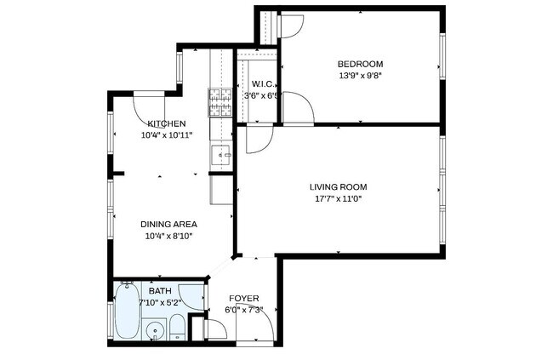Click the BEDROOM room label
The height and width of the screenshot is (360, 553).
tap(360, 64)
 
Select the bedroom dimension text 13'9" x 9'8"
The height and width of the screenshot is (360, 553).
tap(360, 75)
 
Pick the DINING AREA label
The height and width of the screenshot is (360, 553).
tap(168, 225)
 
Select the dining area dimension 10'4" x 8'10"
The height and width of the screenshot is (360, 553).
tap(168, 236)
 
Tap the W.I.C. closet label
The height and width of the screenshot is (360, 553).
tap(260, 83)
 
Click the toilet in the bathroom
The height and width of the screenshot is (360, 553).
tap(176, 328)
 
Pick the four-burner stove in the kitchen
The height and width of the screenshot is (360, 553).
tap(220, 103)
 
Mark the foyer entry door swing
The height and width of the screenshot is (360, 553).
tap(258, 323)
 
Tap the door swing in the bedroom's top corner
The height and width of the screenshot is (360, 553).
tap(288, 26)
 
